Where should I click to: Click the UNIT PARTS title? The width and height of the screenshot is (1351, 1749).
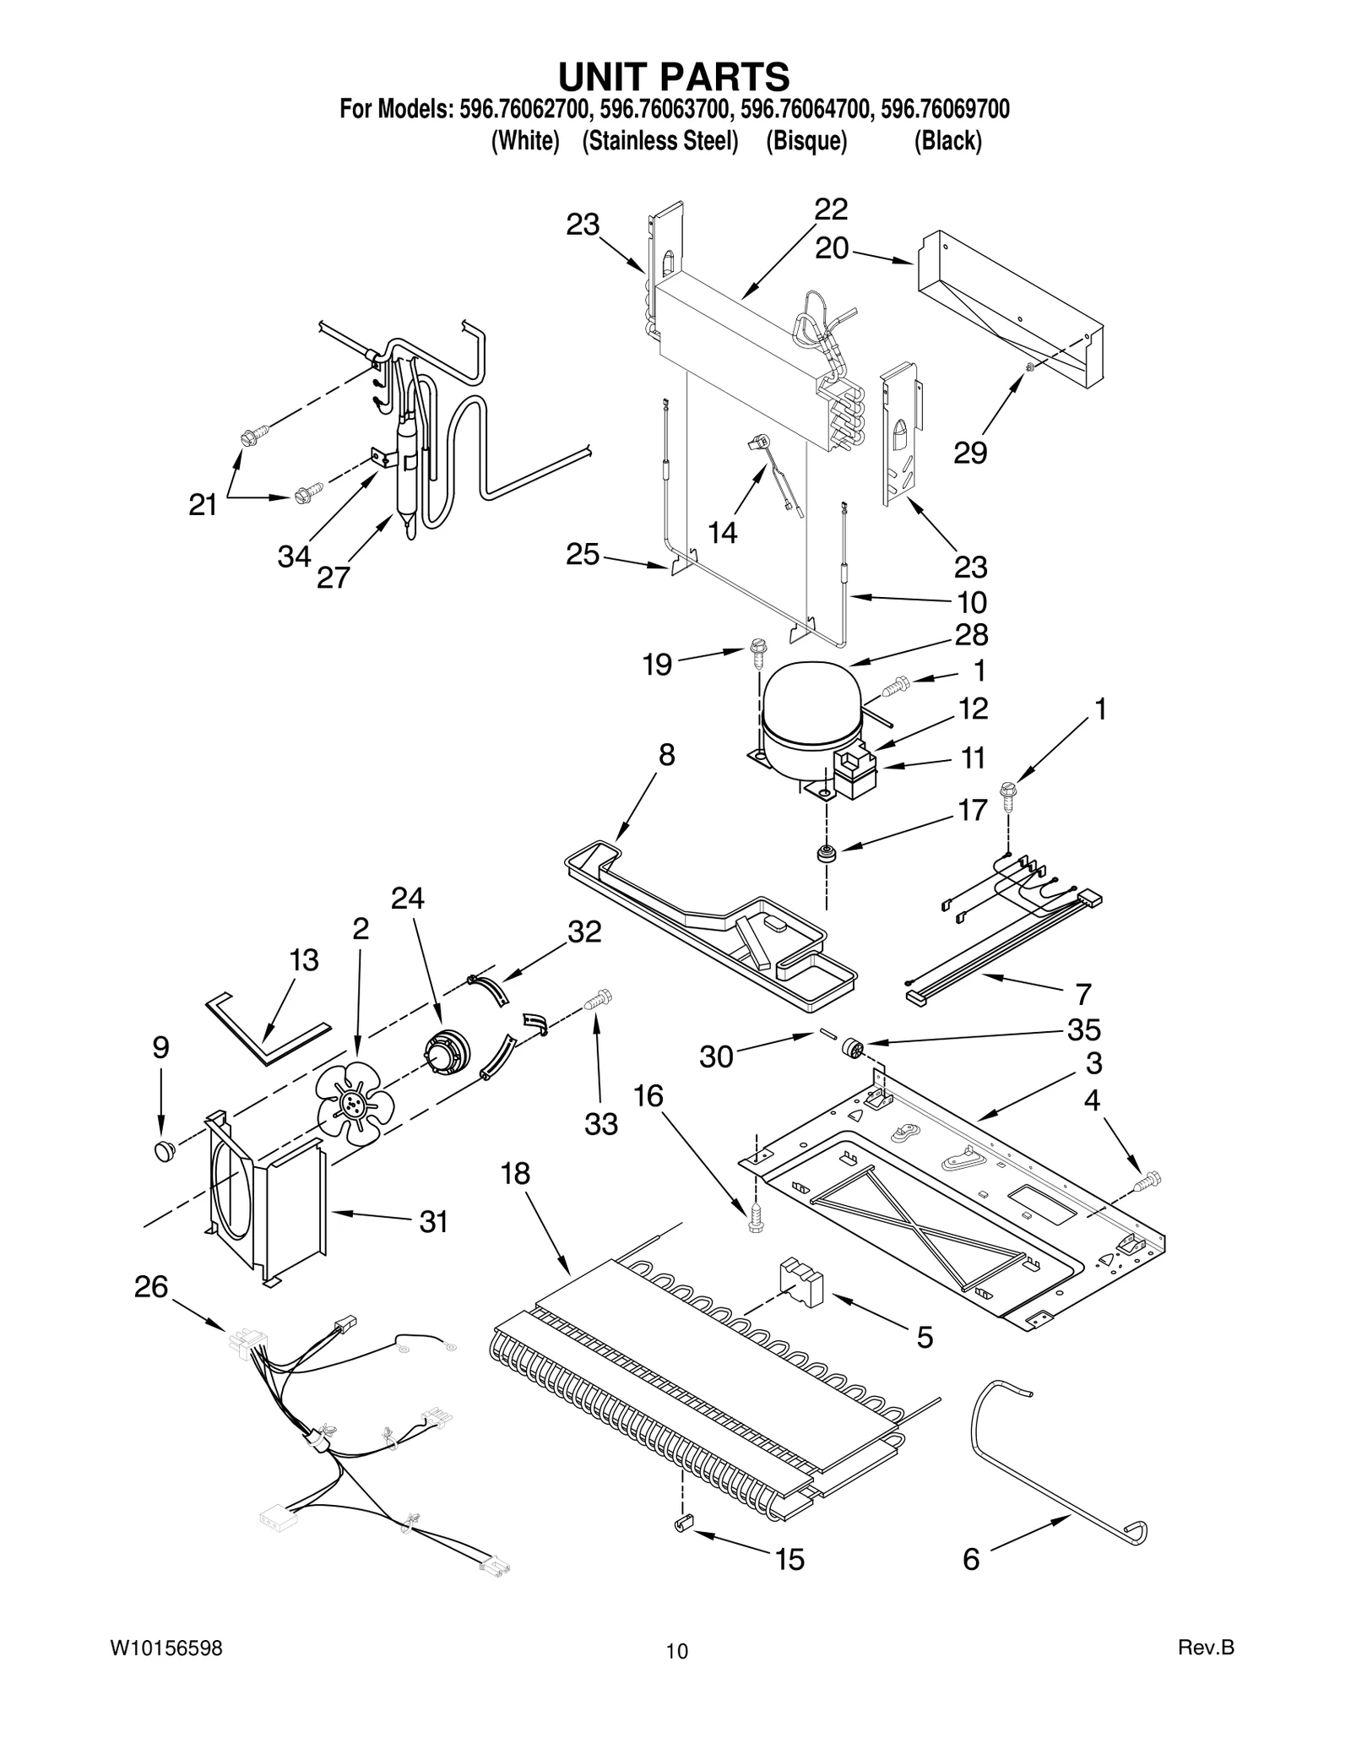tap(674, 76)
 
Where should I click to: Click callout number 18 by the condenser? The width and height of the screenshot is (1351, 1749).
tap(515, 1173)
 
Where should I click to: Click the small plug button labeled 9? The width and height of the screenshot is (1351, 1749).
tap(164, 1149)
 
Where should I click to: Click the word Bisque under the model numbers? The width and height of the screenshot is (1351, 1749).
tap(806, 141)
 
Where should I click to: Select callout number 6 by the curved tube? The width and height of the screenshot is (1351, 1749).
tap(971, 1559)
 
